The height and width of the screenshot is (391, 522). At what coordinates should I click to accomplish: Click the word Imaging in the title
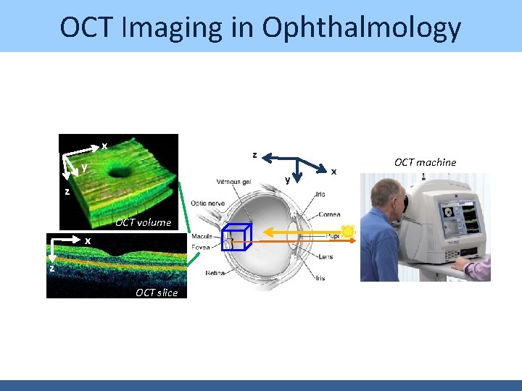pyautogui.click(x=191, y=28)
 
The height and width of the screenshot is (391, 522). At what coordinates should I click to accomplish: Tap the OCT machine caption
pyautogui.click(x=425, y=162)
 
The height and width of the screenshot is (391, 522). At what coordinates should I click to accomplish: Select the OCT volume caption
pyautogui.click(x=144, y=222)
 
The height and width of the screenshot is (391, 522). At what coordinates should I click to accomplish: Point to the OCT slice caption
pyautogui.click(x=156, y=293)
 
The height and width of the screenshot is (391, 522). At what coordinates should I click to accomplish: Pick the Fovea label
pyautogui.click(x=202, y=247)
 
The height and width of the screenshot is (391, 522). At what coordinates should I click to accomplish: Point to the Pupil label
pyautogui.click(x=333, y=236)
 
